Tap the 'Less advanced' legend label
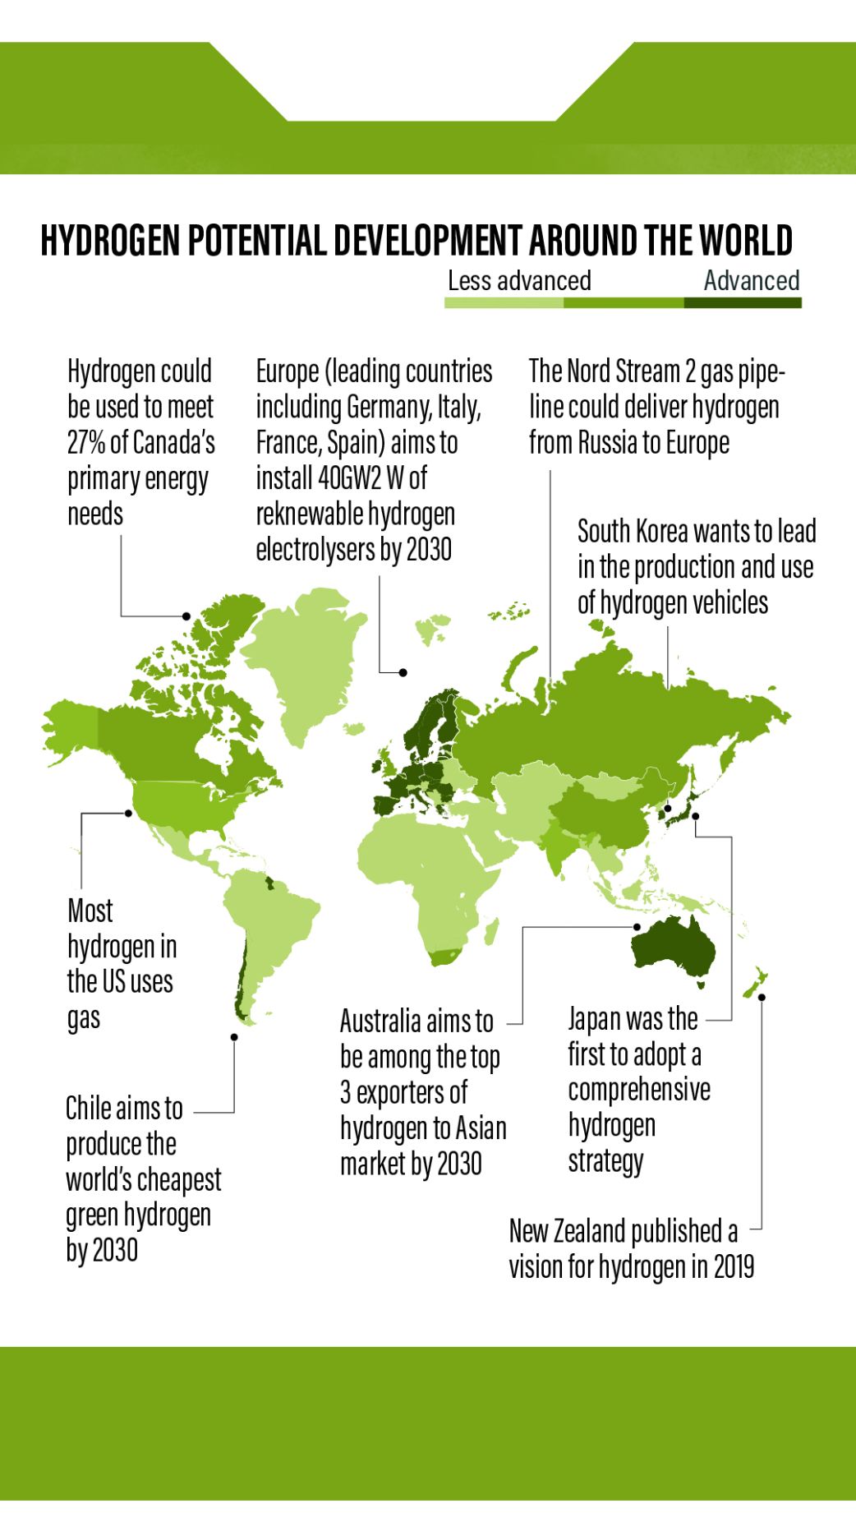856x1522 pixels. pos(518,281)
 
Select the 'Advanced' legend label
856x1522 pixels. pos(751,281)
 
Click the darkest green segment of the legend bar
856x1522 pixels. pos(742,303)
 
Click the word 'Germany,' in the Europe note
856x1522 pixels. pos(385,407)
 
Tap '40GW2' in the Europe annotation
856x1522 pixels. pos(348,477)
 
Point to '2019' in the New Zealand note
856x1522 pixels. pos(734,1266)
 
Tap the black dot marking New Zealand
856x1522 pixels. pos(762,997)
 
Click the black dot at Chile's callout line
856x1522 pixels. pos(234,1037)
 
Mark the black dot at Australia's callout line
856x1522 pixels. pos(637,927)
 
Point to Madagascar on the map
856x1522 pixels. pos(492,931)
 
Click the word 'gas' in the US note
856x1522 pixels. pos(83,1018)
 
